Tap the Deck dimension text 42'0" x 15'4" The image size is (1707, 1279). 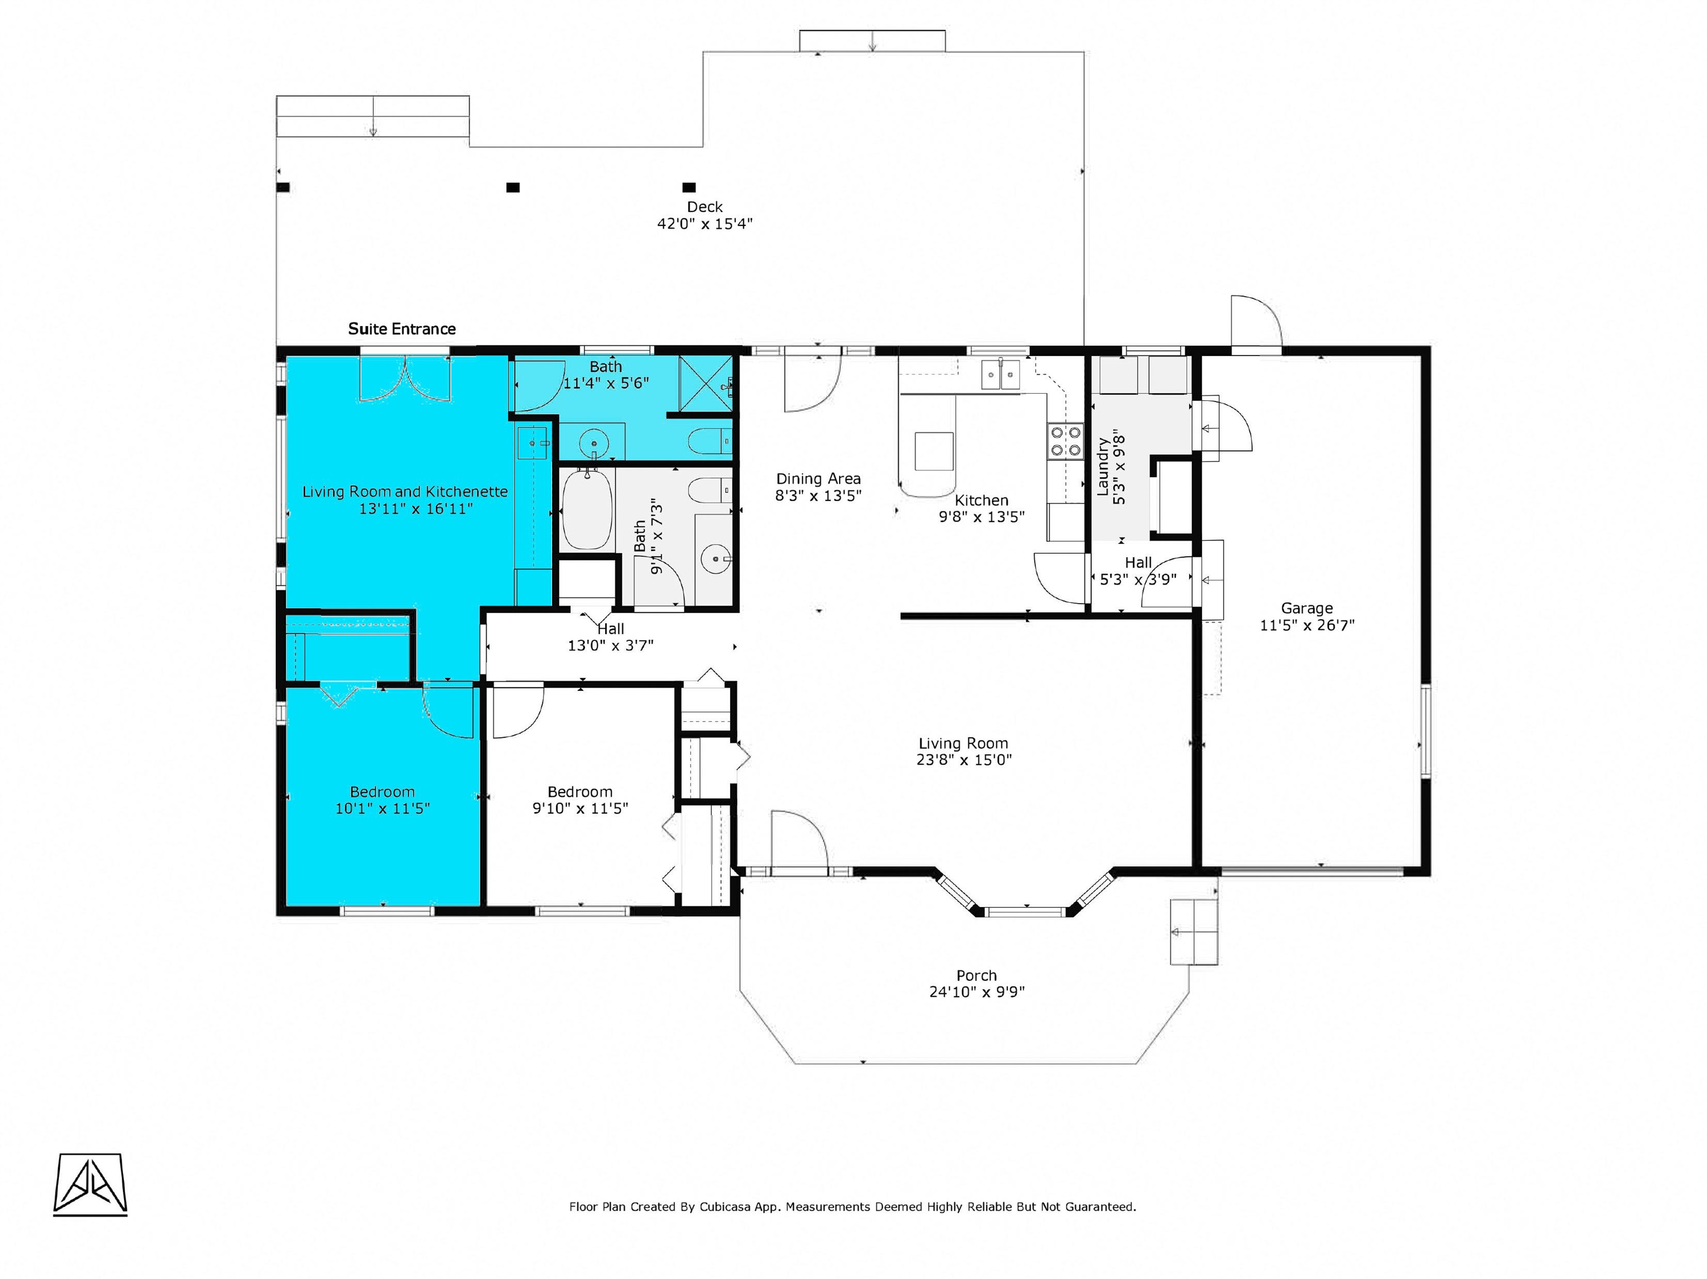(x=705, y=224)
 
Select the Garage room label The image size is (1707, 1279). (x=1307, y=608)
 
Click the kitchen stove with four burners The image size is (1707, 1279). (x=1065, y=442)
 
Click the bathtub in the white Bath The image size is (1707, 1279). (x=587, y=511)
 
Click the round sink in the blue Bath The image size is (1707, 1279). (x=594, y=443)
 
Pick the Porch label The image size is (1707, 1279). (x=976, y=975)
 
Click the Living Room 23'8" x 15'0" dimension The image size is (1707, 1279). (x=964, y=760)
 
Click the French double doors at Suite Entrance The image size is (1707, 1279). (x=405, y=378)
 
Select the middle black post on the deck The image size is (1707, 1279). (x=512, y=188)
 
